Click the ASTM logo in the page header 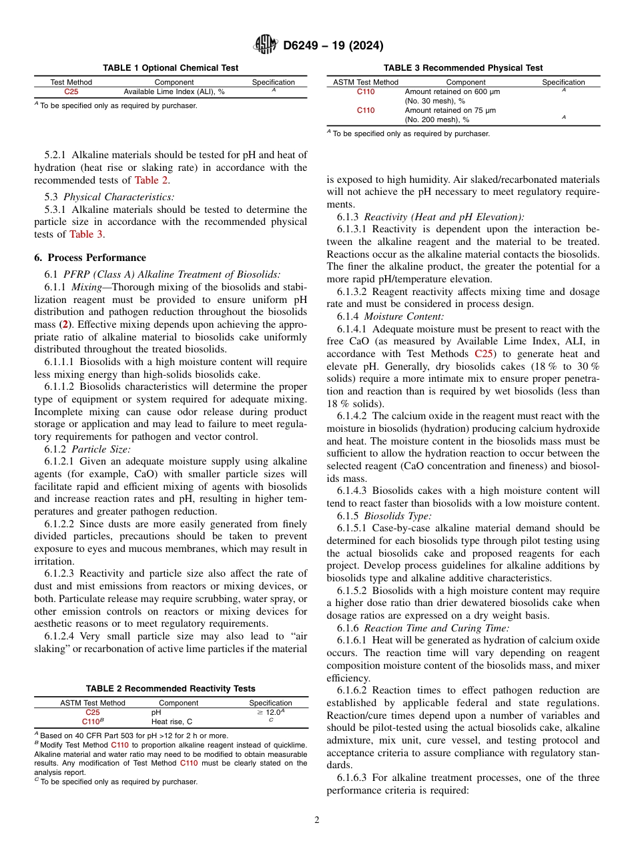(x=266, y=45)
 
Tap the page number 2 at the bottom (x=317, y=820)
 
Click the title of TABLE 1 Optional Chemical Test (x=170, y=68)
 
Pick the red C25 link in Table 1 (x=71, y=91)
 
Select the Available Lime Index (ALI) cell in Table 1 (x=174, y=91)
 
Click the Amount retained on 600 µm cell (x=452, y=91)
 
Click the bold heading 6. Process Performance (x=89, y=258)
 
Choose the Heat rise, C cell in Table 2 (x=172, y=722)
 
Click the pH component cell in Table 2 (x=156, y=712)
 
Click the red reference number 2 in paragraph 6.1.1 (x=65, y=324)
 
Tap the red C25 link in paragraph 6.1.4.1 (x=486, y=354)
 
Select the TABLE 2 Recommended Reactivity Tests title (x=170, y=689)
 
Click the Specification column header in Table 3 (x=563, y=82)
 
